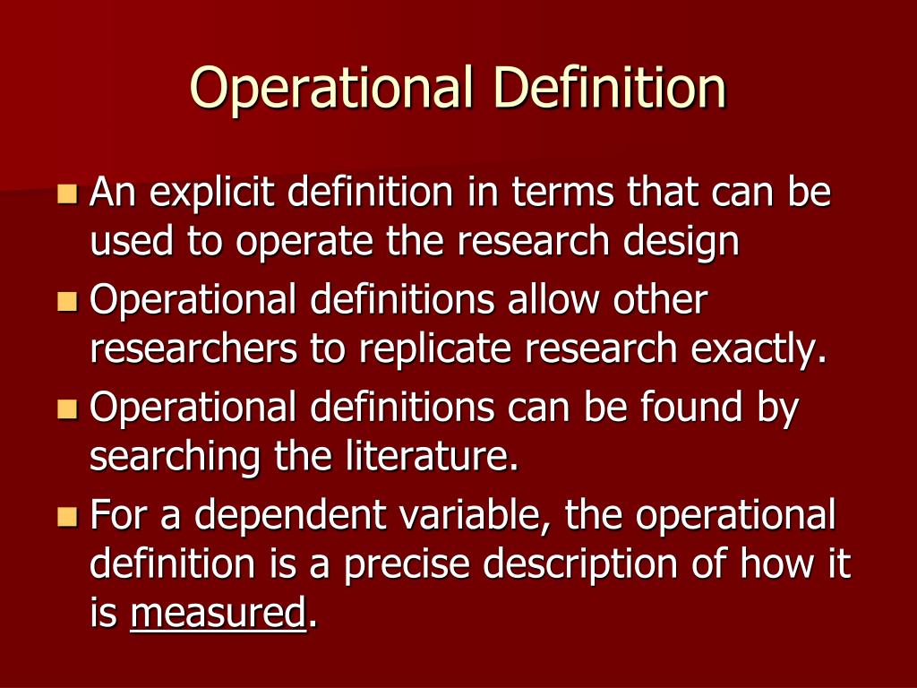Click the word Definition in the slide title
(610, 87)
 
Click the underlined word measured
(218, 615)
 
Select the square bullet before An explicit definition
(67, 193)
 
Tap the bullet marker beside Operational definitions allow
(67, 301)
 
